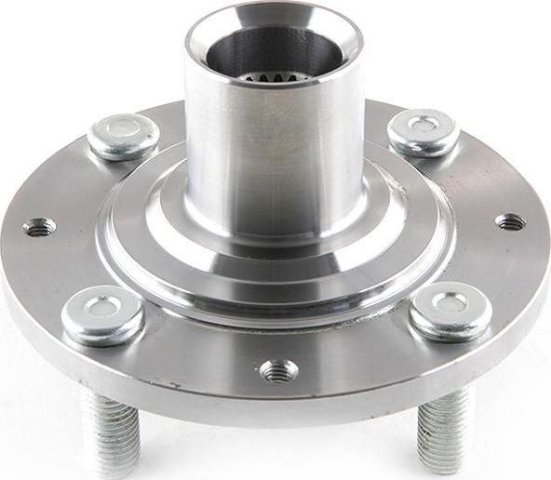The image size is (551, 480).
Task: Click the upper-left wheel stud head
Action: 123,136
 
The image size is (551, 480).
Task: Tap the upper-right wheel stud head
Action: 423,132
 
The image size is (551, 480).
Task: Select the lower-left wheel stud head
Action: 102,315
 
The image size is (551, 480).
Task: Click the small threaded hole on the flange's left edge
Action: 38,226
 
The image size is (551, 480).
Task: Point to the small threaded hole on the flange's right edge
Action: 510,221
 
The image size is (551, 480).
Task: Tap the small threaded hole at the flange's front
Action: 278,370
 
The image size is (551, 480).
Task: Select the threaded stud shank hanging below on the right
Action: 445,428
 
